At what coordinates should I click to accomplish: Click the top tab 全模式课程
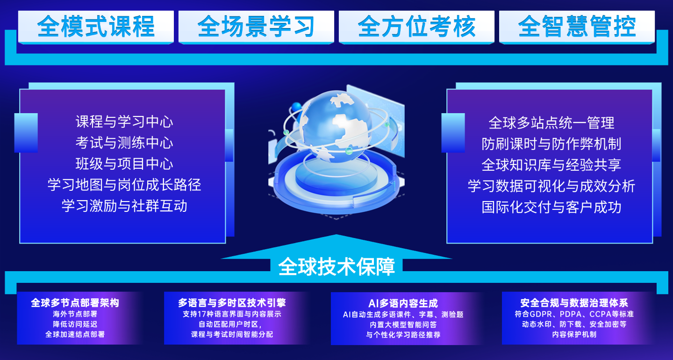[x=96, y=27]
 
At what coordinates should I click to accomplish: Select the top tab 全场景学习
[x=256, y=27]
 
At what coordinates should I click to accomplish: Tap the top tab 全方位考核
[x=416, y=27]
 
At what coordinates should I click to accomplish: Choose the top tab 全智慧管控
[x=577, y=27]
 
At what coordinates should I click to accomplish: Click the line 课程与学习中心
[x=124, y=122]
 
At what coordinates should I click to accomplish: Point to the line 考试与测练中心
[x=124, y=143]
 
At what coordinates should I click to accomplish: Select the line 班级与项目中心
[x=124, y=164]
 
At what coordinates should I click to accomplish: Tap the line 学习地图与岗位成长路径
[x=124, y=185]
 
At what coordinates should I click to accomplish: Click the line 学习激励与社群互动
[x=124, y=206]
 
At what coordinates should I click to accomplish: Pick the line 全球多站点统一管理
[x=551, y=122]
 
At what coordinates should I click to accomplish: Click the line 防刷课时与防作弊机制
[x=551, y=144]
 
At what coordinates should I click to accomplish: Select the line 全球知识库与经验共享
[x=551, y=165]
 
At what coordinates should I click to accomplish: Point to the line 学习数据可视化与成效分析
[x=551, y=186]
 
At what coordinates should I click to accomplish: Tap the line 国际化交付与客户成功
[x=551, y=207]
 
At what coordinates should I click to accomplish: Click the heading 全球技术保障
[x=336, y=266]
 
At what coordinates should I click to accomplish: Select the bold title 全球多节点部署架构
[x=75, y=302]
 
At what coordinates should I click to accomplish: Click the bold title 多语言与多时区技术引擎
[x=232, y=302]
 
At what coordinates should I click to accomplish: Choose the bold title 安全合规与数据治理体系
[x=574, y=302]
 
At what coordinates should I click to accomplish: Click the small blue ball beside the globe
[x=296, y=107]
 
